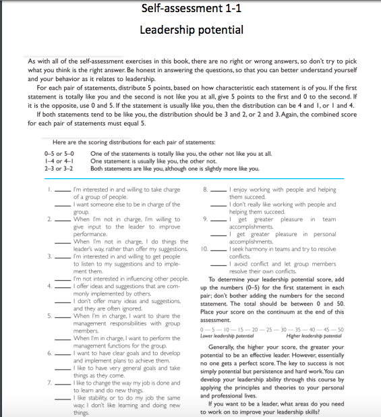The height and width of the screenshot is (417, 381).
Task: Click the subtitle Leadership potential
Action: pos(191,30)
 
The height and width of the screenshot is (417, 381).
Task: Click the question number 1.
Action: pos(50,191)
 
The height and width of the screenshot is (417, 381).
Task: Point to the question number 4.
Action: pos(49,286)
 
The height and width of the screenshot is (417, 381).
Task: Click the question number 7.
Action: pos(49,383)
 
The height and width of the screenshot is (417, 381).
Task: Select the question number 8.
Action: pos(205,191)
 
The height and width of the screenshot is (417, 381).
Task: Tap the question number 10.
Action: pos(204,249)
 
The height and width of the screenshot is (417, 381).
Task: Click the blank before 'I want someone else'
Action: pos(63,204)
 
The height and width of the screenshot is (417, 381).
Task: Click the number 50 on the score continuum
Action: pos(340,329)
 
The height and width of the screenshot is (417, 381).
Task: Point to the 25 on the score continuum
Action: pos(268,329)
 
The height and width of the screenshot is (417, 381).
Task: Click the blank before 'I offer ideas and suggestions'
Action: pos(63,287)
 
